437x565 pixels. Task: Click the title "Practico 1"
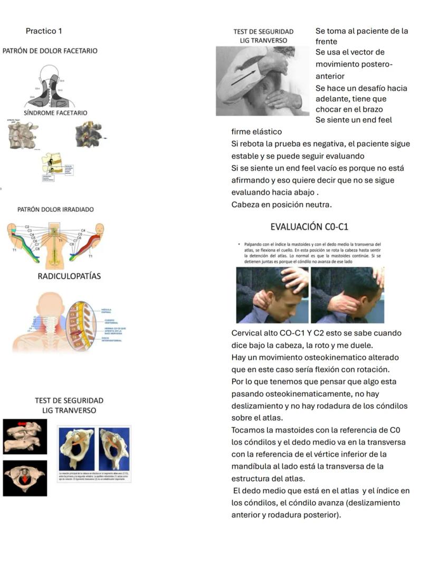click(44, 31)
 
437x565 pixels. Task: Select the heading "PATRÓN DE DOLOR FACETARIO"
click(50, 51)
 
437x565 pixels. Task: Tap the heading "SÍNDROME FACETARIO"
click(55, 113)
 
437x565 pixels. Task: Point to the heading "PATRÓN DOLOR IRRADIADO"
click(55, 209)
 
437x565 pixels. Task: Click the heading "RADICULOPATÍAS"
click(69, 276)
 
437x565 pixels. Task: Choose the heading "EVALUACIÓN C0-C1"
click(309, 227)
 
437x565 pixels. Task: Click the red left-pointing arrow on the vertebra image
click(23, 424)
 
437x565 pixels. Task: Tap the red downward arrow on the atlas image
click(24, 479)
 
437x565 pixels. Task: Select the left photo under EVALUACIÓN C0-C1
click(272, 295)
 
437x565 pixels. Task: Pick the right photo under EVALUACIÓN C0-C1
click(347, 295)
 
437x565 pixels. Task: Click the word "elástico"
click(269, 132)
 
